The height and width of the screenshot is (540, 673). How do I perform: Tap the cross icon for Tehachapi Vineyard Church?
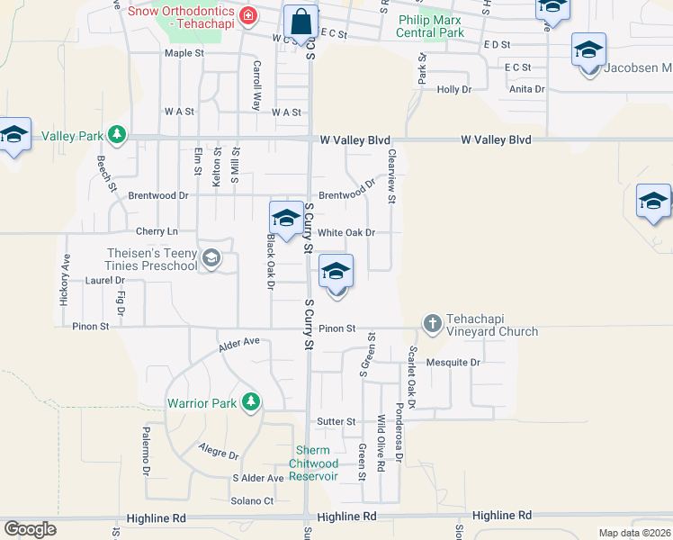tap(432, 322)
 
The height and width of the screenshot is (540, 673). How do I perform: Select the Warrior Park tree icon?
tap(251, 400)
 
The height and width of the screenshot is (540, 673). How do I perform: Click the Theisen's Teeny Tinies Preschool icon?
tap(211, 259)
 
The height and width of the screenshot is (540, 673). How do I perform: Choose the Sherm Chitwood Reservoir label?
tap(313, 463)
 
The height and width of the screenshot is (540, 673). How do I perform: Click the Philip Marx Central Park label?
tap(430, 27)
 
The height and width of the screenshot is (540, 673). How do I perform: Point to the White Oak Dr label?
tap(346, 232)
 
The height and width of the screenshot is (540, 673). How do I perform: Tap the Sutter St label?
tap(336, 421)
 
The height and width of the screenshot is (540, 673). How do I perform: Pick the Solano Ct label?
tap(252, 500)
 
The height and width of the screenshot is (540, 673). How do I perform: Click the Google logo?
tap(30, 529)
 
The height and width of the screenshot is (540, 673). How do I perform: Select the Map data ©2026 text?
tap(634, 533)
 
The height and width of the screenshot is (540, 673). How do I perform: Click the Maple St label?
tap(184, 53)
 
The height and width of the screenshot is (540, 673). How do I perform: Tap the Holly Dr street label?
tap(453, 89)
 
